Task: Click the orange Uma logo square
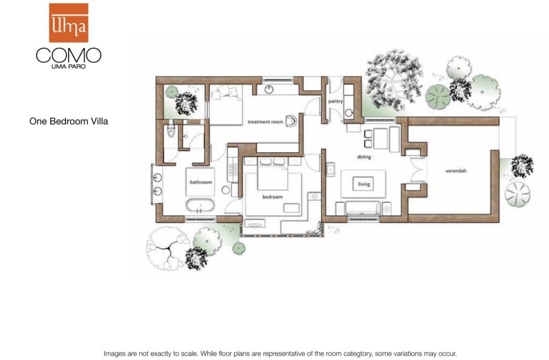pyautogui.click(x=69, y=22)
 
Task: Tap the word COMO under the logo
pyautogui.click(x=69, y=55)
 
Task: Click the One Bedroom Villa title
pyautogui.click(x=69, y=122)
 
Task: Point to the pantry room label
pyautogui.click(x=335, y=101)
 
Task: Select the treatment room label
pyautogui.click(x=265, y=122)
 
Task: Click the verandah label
pyautogui.click(x=456, y=171)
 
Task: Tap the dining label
pyautogui.click(x=364, y=157)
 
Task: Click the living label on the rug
pyautogui.click(x=364, y=184)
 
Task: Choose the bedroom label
pyautogui.click(x=272, y=197)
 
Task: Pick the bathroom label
pyautogui.click(x=201, y=182)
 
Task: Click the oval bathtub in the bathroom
pyautogui.click(x=200, y=206)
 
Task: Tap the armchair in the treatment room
pyautogui.click(x=291, y=122)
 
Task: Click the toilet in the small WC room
pyautogui.click(x=171, y=130)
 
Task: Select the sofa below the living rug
pyautogui.click(x=363, y=208)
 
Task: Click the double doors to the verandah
pyautogui.click(x=418, y=170)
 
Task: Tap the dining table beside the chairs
pyautogui.click(x=381, y=139)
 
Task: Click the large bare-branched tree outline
pyautogui.click(x=168, y=249)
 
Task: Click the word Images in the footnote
pyautogui.click(x=115, y=354)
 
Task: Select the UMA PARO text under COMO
pyautogui.click(x=69, y=66)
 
